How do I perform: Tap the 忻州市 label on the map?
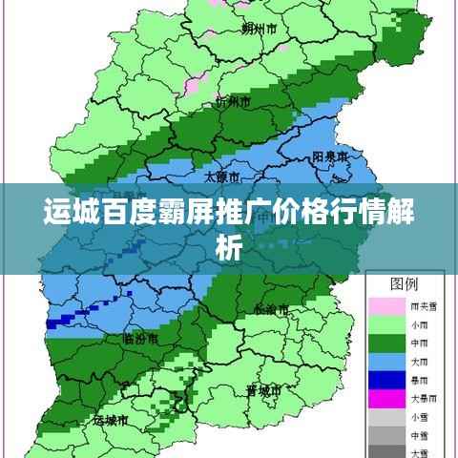[x=234, y=101]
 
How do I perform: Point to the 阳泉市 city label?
[x=329, y=156]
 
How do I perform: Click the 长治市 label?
[x=272, y=308]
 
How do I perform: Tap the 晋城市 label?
[x=262, y=391]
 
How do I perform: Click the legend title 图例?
[x=405, y=284]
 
